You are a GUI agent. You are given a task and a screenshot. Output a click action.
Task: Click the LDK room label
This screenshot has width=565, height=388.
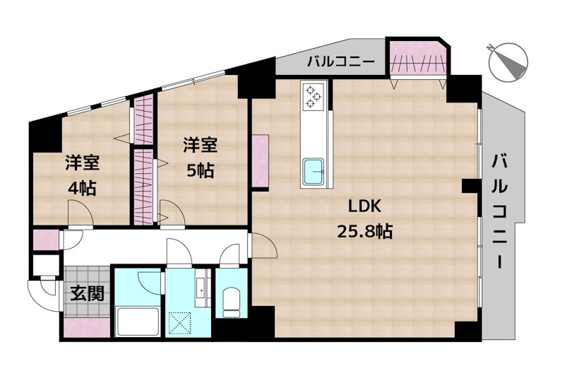coord(364,206)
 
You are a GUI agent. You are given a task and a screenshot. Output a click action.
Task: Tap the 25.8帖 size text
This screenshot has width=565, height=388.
coord(364,231)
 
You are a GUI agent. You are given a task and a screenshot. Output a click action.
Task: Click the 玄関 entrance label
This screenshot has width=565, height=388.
coord(87,293)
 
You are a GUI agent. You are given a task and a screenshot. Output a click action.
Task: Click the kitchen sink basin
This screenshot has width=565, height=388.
coord(314,170)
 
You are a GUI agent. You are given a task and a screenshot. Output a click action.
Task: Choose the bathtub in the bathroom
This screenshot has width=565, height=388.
coord(138,322)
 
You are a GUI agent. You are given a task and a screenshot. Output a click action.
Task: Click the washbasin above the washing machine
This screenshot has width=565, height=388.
coord(202,288)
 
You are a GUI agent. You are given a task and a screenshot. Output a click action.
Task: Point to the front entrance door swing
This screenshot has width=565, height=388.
coord(40,290)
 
